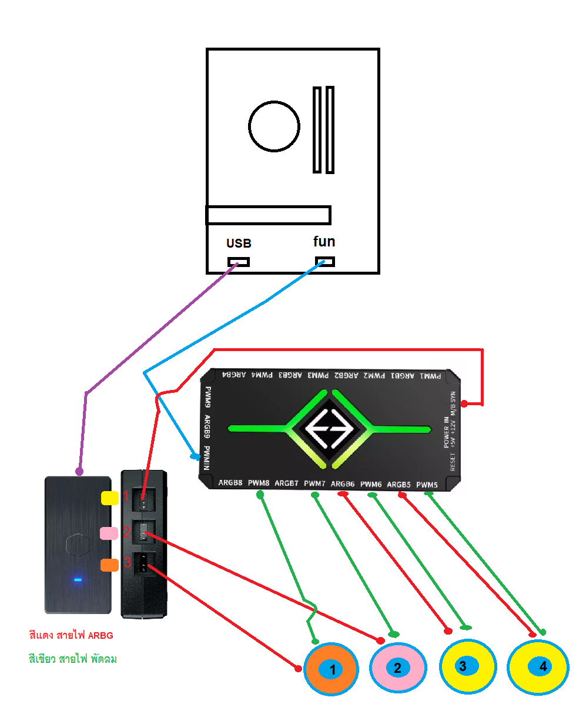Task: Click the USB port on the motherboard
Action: tap(239, 262)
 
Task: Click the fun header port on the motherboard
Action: tap(325, 261)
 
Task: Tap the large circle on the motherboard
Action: tap(274, 126)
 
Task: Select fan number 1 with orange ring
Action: tap(331, 669)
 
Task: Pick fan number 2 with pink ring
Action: tap(397, 668)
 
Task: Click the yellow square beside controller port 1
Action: tap(110, 498)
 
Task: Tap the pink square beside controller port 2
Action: tap(109, 533)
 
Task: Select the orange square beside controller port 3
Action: tap(109, 565)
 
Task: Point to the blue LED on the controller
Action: tap(78, 580)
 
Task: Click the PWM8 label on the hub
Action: tap(259, 483)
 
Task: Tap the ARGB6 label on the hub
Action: tap(343, 484)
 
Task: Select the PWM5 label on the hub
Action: tap(427, 485)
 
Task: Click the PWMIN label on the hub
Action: tap(206, 458)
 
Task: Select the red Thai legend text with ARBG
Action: tap(71, 635)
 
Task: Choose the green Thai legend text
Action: tap(73, 659)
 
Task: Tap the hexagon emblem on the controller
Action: tap(78, 545)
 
